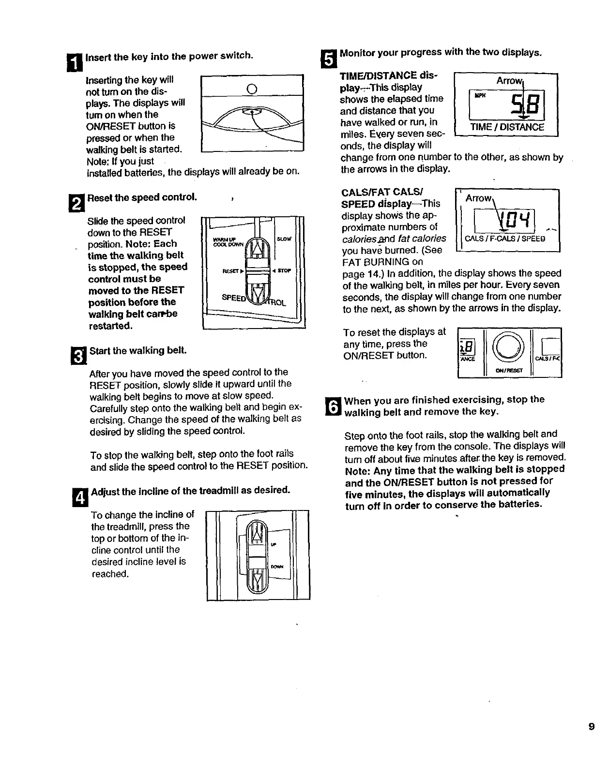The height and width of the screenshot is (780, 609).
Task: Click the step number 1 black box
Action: click(78, 61)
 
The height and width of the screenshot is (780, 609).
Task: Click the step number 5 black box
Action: click(328, 57)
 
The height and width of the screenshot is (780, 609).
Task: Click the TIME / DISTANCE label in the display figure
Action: click(507, 127)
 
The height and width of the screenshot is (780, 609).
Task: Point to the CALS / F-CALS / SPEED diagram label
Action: click(505, 239)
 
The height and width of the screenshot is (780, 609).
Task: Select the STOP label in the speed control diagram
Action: click(284, 270)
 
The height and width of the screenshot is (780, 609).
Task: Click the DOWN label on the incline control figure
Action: click(276, 567)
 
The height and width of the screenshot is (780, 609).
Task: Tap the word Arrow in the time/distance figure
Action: click(508, 81)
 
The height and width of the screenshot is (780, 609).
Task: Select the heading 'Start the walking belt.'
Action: click(138, 350)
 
